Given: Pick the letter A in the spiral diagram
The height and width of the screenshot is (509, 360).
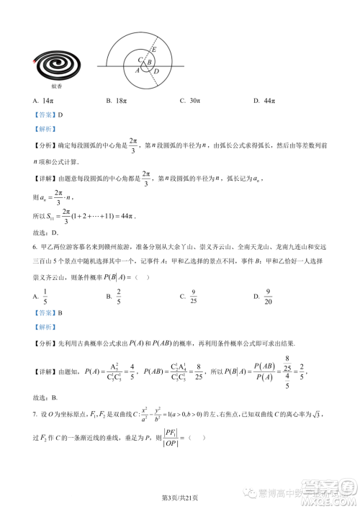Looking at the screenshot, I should pyautogui.click(x=137, y=71).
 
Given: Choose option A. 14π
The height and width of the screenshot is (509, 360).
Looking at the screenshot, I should pyautogui.click(x=44, y=102).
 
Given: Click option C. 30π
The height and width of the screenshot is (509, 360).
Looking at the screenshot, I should pyautogui.click(x=190, y=102).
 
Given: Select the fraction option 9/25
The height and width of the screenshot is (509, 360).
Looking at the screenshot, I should pyautogui.click(x=193, y=295).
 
